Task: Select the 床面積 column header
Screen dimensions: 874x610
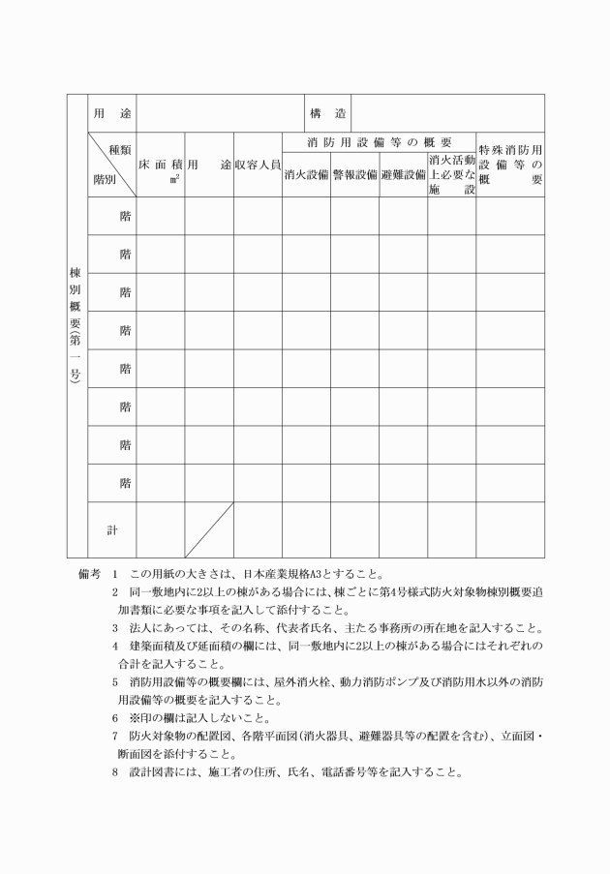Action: pyautogui.click(x=161, y=165)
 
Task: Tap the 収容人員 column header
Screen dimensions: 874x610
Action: pyautogui.click(x=258, y=166)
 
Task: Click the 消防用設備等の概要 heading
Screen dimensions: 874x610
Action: pyautogui.click(x=380, y=142)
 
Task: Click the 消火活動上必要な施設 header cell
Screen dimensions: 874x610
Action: pyautogui.click(x=451, y=173)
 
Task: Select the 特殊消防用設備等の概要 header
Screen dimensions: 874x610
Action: pyautogui.click(x=509, y=166)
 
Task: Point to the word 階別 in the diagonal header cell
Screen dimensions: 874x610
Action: pyautogui.click(x=105, y=181)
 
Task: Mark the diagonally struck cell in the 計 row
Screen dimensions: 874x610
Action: pyautogui.click(x=209, y=529)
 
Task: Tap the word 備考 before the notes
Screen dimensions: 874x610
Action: pyautogui.click(x=90, y=573)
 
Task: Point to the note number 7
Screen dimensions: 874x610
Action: pyautogui.click(x=114, y=738)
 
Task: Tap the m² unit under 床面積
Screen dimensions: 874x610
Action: pyautogui.click(x=174, y=180)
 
